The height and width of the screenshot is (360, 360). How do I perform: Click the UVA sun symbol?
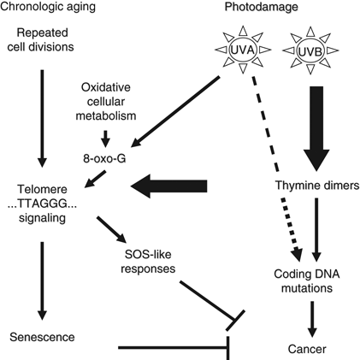coord(243,50)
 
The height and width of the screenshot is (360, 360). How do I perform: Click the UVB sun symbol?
coord(310,50)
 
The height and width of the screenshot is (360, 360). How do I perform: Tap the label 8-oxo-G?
coord(104,158)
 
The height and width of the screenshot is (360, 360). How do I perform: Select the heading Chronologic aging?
coord(47,6)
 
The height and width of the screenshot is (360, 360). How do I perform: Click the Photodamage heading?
coord(262,7)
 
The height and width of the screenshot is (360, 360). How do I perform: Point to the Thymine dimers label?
coord(317,186)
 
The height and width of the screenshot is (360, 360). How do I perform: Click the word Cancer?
coord(307,349)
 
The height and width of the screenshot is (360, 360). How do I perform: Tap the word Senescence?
coord(42,337)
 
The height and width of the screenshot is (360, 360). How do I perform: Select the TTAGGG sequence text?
coord(42,204)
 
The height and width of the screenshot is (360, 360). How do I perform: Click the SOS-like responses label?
coord(148,262)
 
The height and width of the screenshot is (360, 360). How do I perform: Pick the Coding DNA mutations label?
coord(307,280)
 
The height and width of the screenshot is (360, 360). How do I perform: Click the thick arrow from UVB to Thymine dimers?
coord(316,129)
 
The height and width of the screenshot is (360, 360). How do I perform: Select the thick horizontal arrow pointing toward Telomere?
coord(168,186)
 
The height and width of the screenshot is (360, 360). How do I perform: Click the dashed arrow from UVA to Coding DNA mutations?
coord(275,168)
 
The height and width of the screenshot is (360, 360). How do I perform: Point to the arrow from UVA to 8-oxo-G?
coord(175,111)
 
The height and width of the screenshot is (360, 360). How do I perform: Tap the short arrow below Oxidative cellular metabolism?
coord(105,139)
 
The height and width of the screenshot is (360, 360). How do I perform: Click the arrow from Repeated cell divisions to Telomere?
coord(42,118)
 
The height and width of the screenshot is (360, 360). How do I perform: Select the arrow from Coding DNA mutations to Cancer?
coord(312,320)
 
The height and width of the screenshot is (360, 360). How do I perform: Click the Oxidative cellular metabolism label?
coord(106,102)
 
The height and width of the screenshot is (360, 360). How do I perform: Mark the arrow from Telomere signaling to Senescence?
coord(42,281)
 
